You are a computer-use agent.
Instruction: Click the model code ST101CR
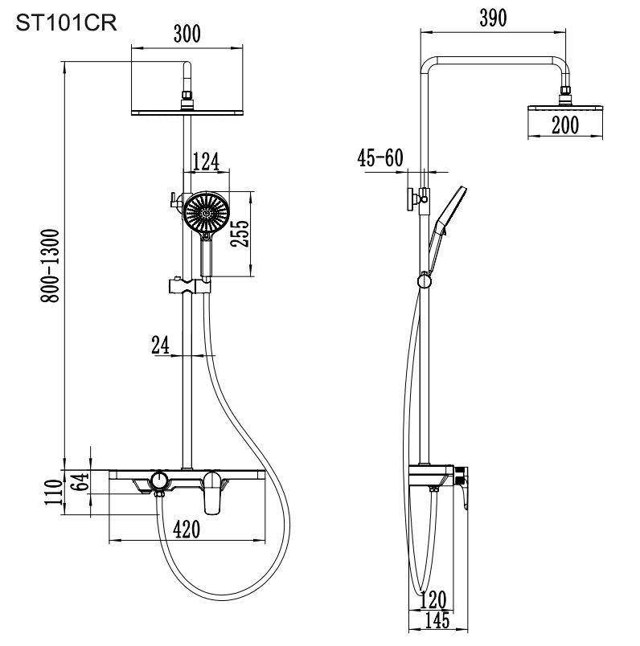click(x=67, y=22)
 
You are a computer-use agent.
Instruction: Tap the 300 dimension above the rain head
click(x=187, y=34)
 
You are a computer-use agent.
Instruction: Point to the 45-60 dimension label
click(x=380, y=157)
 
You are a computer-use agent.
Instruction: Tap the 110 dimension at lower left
click(x=54, y=492)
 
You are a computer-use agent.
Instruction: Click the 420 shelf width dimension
click(x=187, y=529)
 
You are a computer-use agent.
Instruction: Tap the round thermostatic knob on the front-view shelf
click(x=160, y=480)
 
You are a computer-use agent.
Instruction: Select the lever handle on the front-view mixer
click(x=213, y=492)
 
